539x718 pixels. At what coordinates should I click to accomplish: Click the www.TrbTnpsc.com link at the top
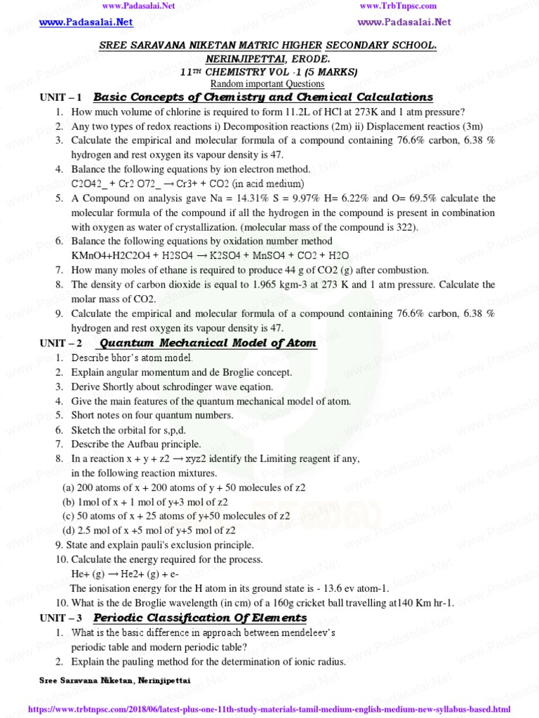pyautogui.click(x=398, y=6)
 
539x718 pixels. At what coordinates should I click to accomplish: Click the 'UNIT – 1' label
pyautogui.click(x=61, y=97)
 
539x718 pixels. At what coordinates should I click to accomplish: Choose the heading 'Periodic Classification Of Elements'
pyautogui.click(x=200, y=618)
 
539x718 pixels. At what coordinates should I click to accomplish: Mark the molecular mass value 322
pyautogui.click(x=406, y=227)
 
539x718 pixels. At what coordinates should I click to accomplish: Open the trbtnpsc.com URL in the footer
pyautogui.click(x=269, y=710)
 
